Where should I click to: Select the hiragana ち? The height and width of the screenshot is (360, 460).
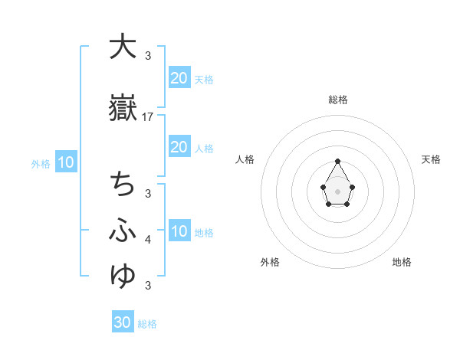pos(121,185)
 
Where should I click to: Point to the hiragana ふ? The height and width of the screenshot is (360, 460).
pos(121,229)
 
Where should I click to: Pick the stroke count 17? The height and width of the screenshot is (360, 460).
pos(148,117)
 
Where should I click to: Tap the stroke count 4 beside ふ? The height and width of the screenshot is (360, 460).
pos(148,240)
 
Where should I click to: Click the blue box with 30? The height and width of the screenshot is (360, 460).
pos(123,322)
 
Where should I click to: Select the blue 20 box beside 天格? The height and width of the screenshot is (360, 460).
pos(179,77)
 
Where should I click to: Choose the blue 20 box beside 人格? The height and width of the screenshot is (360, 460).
pos(179,147)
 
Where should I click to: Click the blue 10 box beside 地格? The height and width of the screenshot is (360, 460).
pos(179,231)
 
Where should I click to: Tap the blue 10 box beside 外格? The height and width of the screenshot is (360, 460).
pos(66,162)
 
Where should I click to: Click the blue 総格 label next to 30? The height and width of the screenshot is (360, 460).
pos(147,324)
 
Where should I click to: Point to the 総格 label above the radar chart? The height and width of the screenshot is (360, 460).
pos(337,100)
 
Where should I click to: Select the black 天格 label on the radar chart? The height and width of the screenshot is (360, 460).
pos(432,159)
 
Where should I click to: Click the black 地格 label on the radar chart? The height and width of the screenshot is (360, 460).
pos(402,263)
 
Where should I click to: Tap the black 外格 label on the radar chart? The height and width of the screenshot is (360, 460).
pos(270,263)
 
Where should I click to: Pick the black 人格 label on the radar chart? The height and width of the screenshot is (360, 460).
pos(245,159)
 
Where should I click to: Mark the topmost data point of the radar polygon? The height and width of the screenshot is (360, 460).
pos(337,162)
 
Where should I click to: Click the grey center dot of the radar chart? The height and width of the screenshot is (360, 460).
pos(337,191)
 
